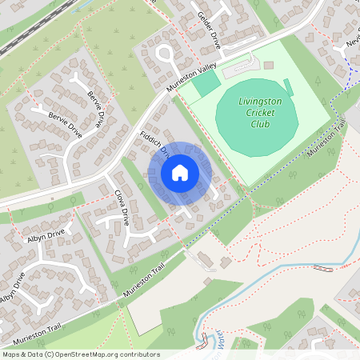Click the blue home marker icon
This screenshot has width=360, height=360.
click(180, 173)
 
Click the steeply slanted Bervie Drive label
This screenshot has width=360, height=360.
click(96, 109)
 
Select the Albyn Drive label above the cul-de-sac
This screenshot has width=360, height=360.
click(44, 236)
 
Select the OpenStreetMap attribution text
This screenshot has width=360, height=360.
click(80, 354)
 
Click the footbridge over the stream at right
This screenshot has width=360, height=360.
click(323, 268)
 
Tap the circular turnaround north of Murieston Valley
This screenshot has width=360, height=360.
click(166, 54)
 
